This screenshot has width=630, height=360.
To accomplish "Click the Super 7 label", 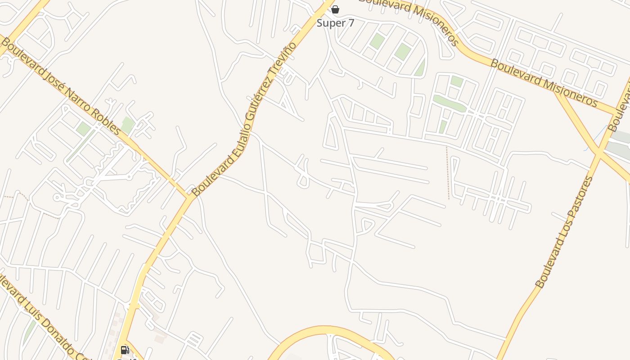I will [x=335, y=23].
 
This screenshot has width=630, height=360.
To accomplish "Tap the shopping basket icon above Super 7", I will [x=335, y=9].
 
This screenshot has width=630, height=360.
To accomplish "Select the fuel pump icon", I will [x=125, y=350].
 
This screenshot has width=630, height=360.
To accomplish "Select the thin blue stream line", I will [x=592, y=137].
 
